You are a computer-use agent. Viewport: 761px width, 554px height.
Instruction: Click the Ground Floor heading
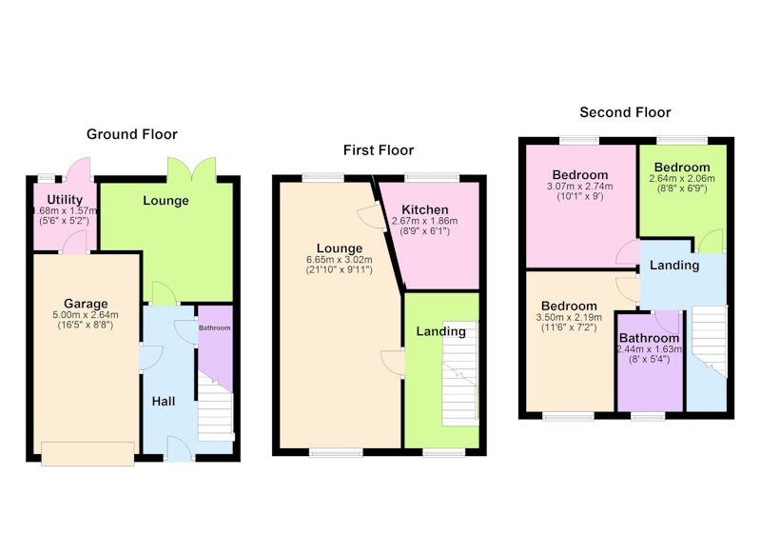pyautogui.click(x=132, y=134)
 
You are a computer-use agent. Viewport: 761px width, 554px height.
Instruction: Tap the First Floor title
pyautogui.click(x=379, y=150)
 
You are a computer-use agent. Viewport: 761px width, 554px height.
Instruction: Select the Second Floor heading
pyautogui.click(x=625, y=112)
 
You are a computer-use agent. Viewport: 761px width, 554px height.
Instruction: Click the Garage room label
pyautogui.click(x=86, y=304)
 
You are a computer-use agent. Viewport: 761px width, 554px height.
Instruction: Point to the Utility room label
pyautogui.click(x=65, y=200)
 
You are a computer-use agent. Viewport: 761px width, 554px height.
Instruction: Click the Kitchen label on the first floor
pyautogui.click(x=424, y=209)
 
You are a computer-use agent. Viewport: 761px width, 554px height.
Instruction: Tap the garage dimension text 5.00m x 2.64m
pyautogui.click(x=86, y=315)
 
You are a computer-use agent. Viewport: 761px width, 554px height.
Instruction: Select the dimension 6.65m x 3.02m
pyautogui.click(x=340, y=260)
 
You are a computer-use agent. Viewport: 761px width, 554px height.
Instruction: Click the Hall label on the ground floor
pyautogui.click(x=164, y=402)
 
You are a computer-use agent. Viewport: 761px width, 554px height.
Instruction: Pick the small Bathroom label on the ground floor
pyautogui.click(x=215, y=327)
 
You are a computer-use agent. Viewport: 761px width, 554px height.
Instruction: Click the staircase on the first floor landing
pyautogui.click(x=459, y=373)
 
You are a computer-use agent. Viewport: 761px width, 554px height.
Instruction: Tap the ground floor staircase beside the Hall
pyautogui.click(x=215, y=406)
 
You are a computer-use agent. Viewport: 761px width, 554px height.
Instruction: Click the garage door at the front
pyautogui.click(x=88, y=454)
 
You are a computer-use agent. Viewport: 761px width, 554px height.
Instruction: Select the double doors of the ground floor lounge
pyautogui.click(x=192, y=168)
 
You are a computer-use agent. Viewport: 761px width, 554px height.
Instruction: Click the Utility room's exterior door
pyautogui.click(x=79, y=168)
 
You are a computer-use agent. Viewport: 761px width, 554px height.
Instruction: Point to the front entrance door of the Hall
pyautogui.click(x=179, y=448)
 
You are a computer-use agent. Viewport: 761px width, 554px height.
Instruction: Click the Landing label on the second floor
pyautogui.click(x=674, y=266)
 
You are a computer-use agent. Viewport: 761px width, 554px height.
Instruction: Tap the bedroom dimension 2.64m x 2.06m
pyautogui.click(x=682, y=178)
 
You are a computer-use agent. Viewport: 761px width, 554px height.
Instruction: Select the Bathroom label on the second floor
pyautogui.click(x=649, y=338)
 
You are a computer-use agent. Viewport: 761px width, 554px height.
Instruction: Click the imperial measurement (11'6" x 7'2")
pyautogui.click(x=569, y=327)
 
